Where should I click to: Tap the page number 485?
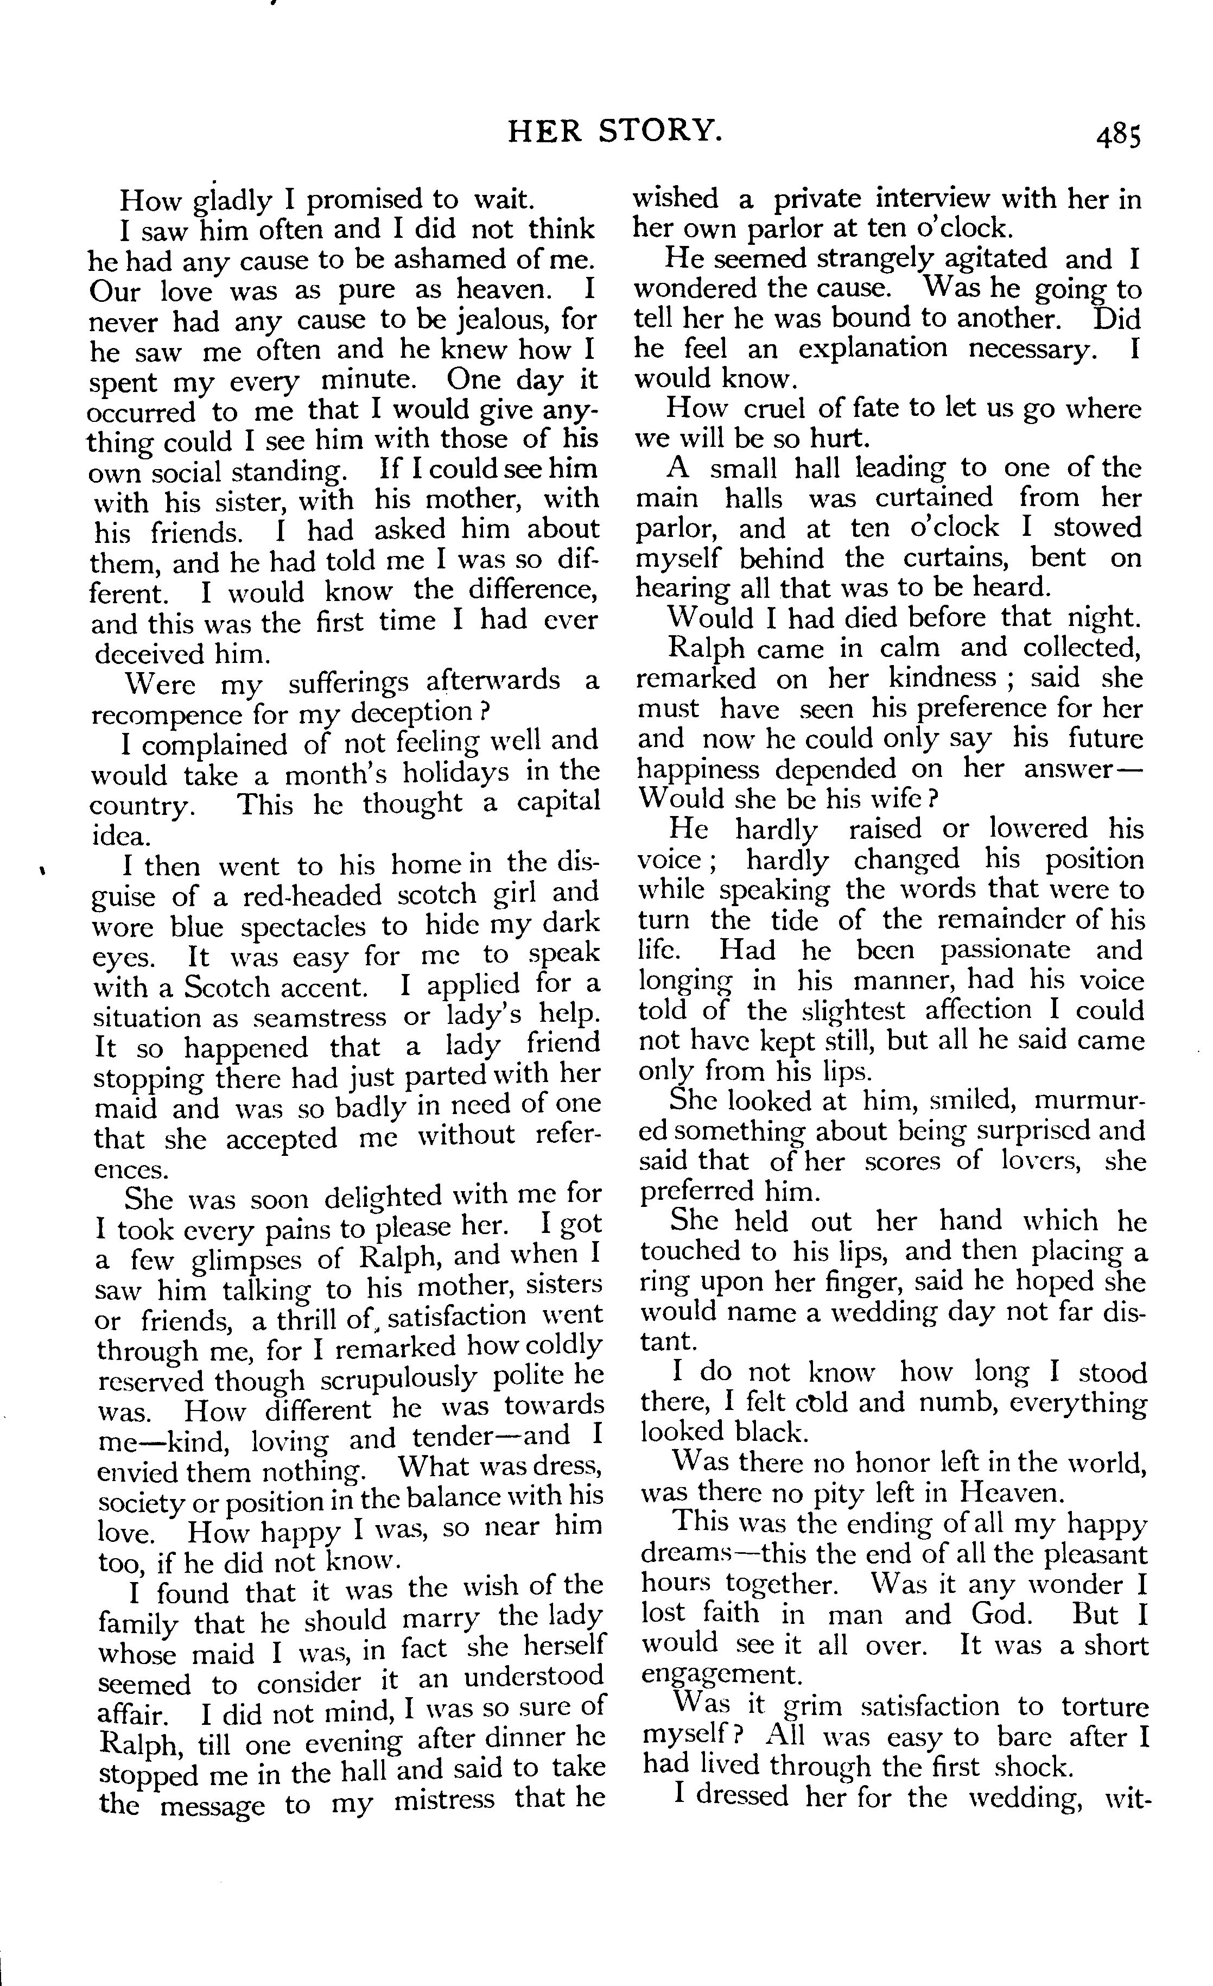[x=1118, y=137]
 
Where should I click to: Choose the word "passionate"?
[x=1005, y=950]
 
